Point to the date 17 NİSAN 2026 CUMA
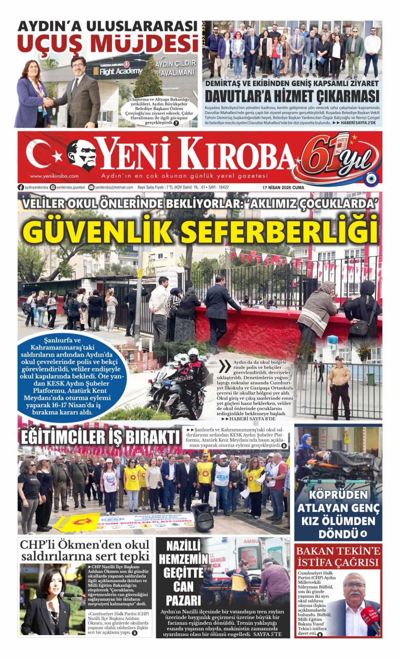[283, 187]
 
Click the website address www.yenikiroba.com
[54, 176]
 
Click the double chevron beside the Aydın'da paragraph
[225, 366]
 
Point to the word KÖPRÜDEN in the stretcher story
[338, 495]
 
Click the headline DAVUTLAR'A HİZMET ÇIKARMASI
[292, 96]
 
